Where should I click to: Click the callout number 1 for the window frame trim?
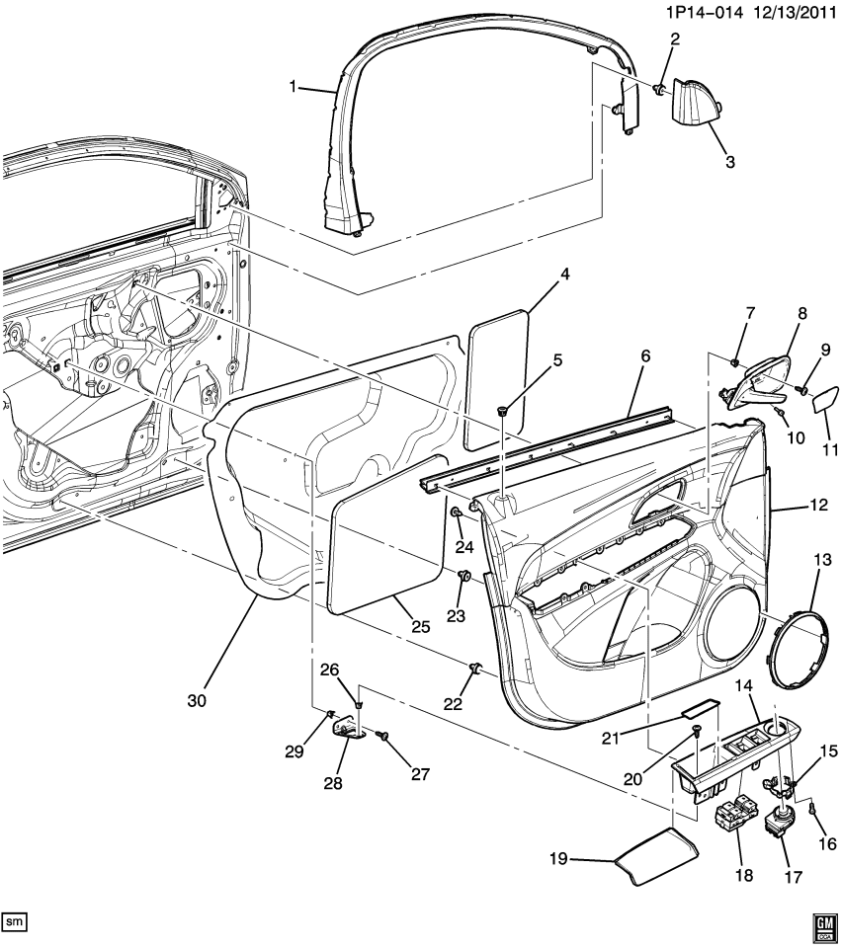coord(293,87)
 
